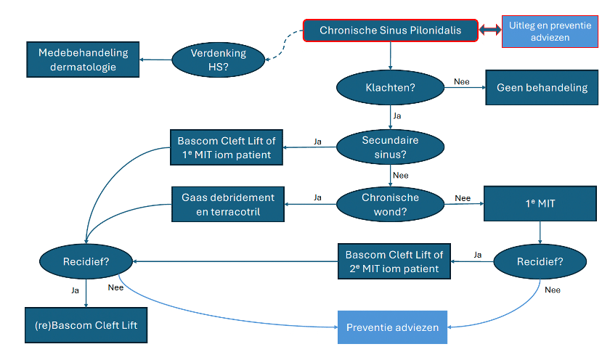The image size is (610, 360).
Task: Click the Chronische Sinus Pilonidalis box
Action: (390, 30)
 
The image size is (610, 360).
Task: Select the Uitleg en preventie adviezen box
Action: (550, 31)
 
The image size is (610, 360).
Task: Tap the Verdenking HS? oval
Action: (219, 60)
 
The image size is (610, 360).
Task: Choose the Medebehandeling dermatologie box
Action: (83, 60)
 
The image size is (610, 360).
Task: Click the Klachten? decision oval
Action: (390, 88)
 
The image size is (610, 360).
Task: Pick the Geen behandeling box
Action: (542, 88)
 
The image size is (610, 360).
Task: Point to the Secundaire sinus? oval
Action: (390, 147)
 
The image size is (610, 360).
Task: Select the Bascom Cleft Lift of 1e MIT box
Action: (227, 147)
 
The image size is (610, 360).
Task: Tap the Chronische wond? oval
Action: (390, 205)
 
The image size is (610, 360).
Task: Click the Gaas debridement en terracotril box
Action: (228, 205)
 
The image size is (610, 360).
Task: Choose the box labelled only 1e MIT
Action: (540, 204)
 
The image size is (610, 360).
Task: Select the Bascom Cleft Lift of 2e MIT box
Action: (394, 261)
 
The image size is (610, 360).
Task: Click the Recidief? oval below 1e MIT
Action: (540, 261)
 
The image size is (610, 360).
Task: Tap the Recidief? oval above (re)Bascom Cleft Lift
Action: (86, 261)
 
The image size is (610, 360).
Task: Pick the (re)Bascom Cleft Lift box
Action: (86, 325)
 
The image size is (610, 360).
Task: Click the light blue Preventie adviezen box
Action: (393, 327)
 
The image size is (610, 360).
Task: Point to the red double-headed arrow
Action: (490, 30)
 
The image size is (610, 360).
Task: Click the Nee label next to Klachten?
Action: (462, 81)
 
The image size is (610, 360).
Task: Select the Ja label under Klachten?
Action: (396, 116)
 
